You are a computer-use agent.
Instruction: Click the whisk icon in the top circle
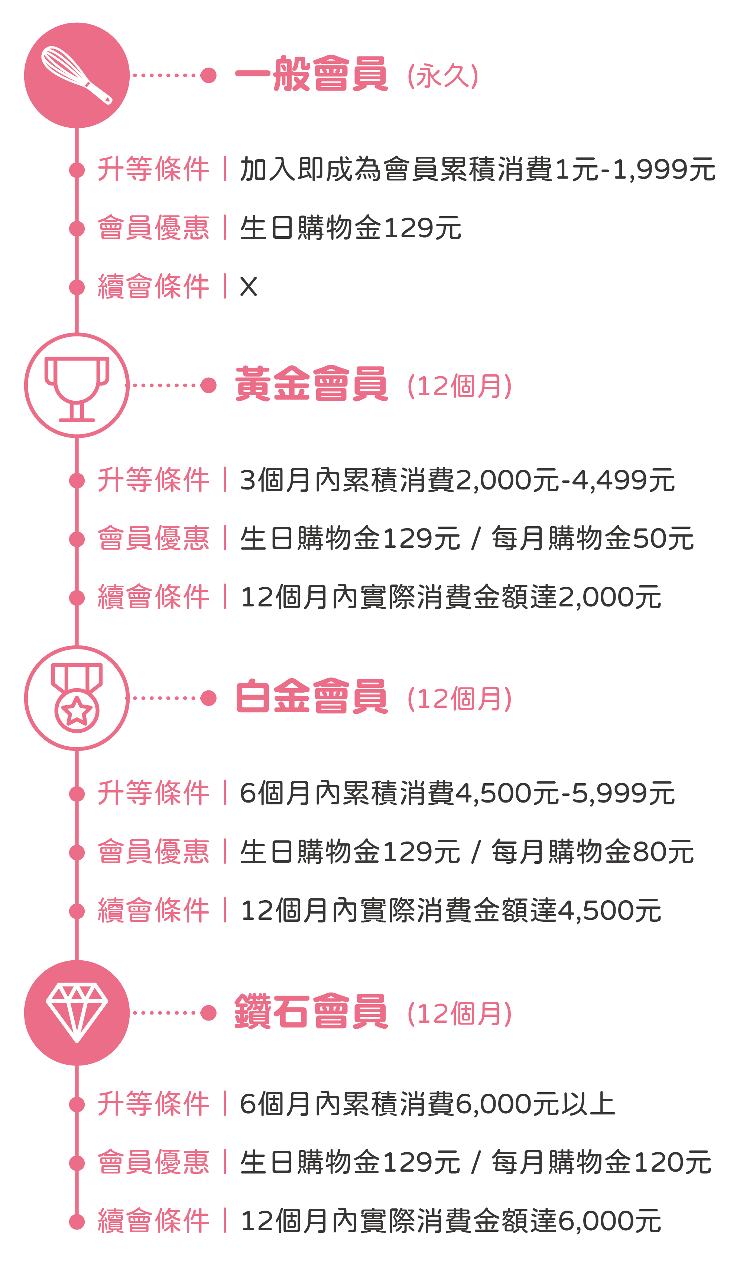[x=77, y=75]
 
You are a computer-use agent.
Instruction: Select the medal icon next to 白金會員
[x=77, y=699]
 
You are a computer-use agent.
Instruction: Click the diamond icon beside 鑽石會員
[x=77, y=1012]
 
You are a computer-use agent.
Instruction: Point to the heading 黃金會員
[x=311, y=384]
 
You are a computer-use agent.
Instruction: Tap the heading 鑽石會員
[x=311, y=1011]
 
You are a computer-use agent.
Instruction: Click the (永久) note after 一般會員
[x=443, y=76]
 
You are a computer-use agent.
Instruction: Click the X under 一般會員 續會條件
[x=249, y=287]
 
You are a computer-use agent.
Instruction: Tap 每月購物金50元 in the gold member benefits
[x=593, y=539]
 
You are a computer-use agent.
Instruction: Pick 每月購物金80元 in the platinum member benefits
[x=593, y=852]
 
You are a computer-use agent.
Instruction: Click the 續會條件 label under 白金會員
[x=153, y=911]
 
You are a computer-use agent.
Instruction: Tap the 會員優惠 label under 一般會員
[x=153, y=228]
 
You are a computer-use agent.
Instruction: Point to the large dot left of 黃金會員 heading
[x=208, y=385]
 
